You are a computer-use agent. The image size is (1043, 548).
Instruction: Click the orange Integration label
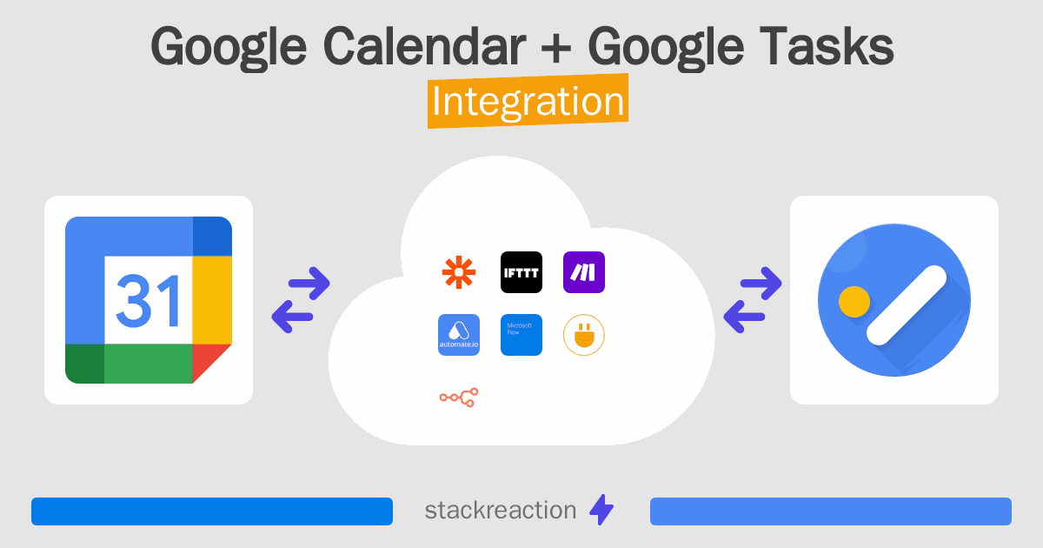click(x=528, y=102)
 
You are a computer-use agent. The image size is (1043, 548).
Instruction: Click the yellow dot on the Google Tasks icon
click(x=854, y=302)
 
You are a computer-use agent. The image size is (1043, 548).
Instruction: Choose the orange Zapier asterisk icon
click(x=459, y=272)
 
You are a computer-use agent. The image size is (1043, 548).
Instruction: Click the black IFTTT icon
click(x=521, y=272)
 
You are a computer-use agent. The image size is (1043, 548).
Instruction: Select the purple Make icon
click(x=584, y=272)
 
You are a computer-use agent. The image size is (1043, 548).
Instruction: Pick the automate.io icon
click(x=459, y=335)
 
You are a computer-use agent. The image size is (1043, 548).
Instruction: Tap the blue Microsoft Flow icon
click(x=521, y=335)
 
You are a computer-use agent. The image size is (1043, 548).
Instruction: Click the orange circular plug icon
click(x=584, y=335)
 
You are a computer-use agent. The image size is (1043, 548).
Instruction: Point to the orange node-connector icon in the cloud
click(x=459, y=398)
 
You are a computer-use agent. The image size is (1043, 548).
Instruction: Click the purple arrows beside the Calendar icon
click(x=301, y=300)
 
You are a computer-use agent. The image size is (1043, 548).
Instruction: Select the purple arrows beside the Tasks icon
click(x=752, y=300)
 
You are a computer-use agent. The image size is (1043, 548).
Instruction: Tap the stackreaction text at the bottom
click(x=500, y=511)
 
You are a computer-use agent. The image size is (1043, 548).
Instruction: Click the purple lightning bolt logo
click(x=601, y=511)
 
